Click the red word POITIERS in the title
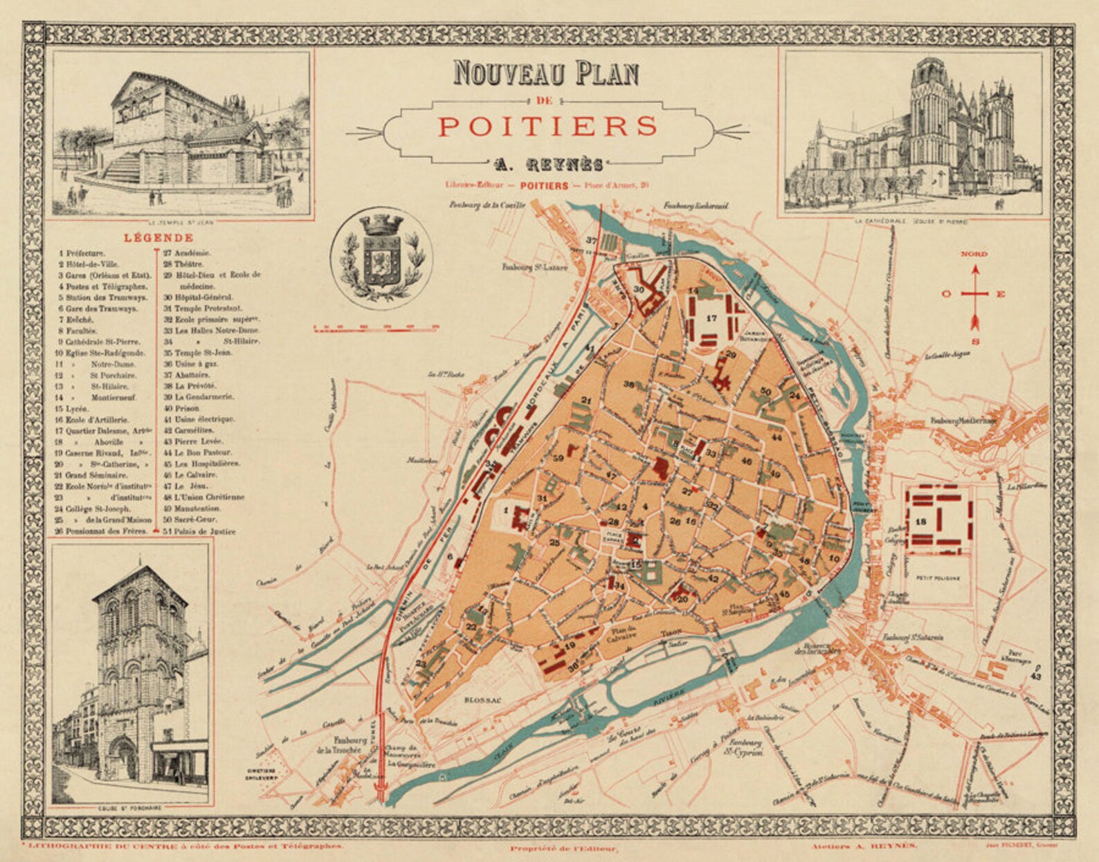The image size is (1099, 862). tap(547, 127)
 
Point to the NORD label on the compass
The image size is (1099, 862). tap(974, 255)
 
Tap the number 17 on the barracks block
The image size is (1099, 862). tap(711, 318)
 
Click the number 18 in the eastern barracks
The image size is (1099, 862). tap(920, 521)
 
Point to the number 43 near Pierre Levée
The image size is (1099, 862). tap(1036, 676)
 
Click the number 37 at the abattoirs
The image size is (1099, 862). tap(592, 240)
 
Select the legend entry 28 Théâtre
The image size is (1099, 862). tap(191, 264)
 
